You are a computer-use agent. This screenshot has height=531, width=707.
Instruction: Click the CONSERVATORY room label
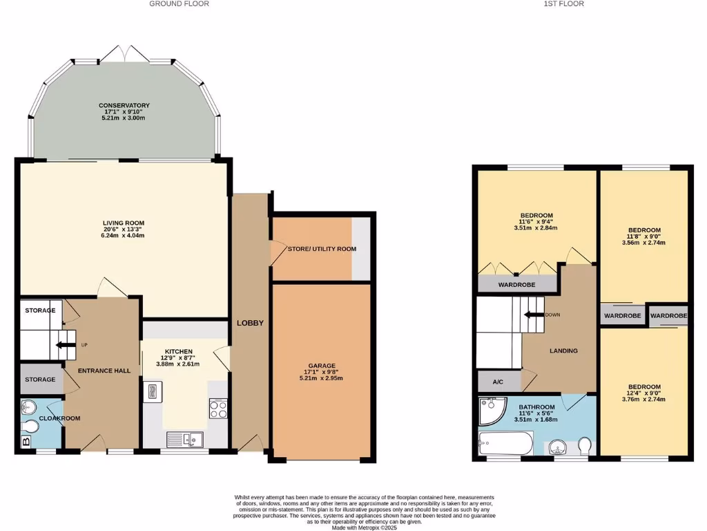click(x=124, y=106)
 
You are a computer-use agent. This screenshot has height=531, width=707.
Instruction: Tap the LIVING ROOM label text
click(x=124, y=223)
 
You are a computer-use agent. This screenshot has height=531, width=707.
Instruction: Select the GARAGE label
click(x=322, y=365)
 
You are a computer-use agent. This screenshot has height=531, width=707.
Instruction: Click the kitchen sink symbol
click(x=184, y=438)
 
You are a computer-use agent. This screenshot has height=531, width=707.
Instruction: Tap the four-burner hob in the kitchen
click(x=217, y=409)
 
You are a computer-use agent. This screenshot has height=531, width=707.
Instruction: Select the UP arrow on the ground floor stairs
click(x=66, y=344)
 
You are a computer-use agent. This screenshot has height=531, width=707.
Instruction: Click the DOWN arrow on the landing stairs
click(x=534, y=315)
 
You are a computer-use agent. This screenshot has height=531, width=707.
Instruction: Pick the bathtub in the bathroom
click(x=505, y=442)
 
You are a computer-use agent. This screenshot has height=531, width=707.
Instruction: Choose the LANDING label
click(x=563, y=351)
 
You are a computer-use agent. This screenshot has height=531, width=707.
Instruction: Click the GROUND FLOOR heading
click(x=180, y=4)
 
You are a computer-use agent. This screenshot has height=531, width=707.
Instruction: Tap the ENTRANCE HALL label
click(x=104, y=371)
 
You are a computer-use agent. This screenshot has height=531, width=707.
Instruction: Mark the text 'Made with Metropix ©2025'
click(x=364, y=527)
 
